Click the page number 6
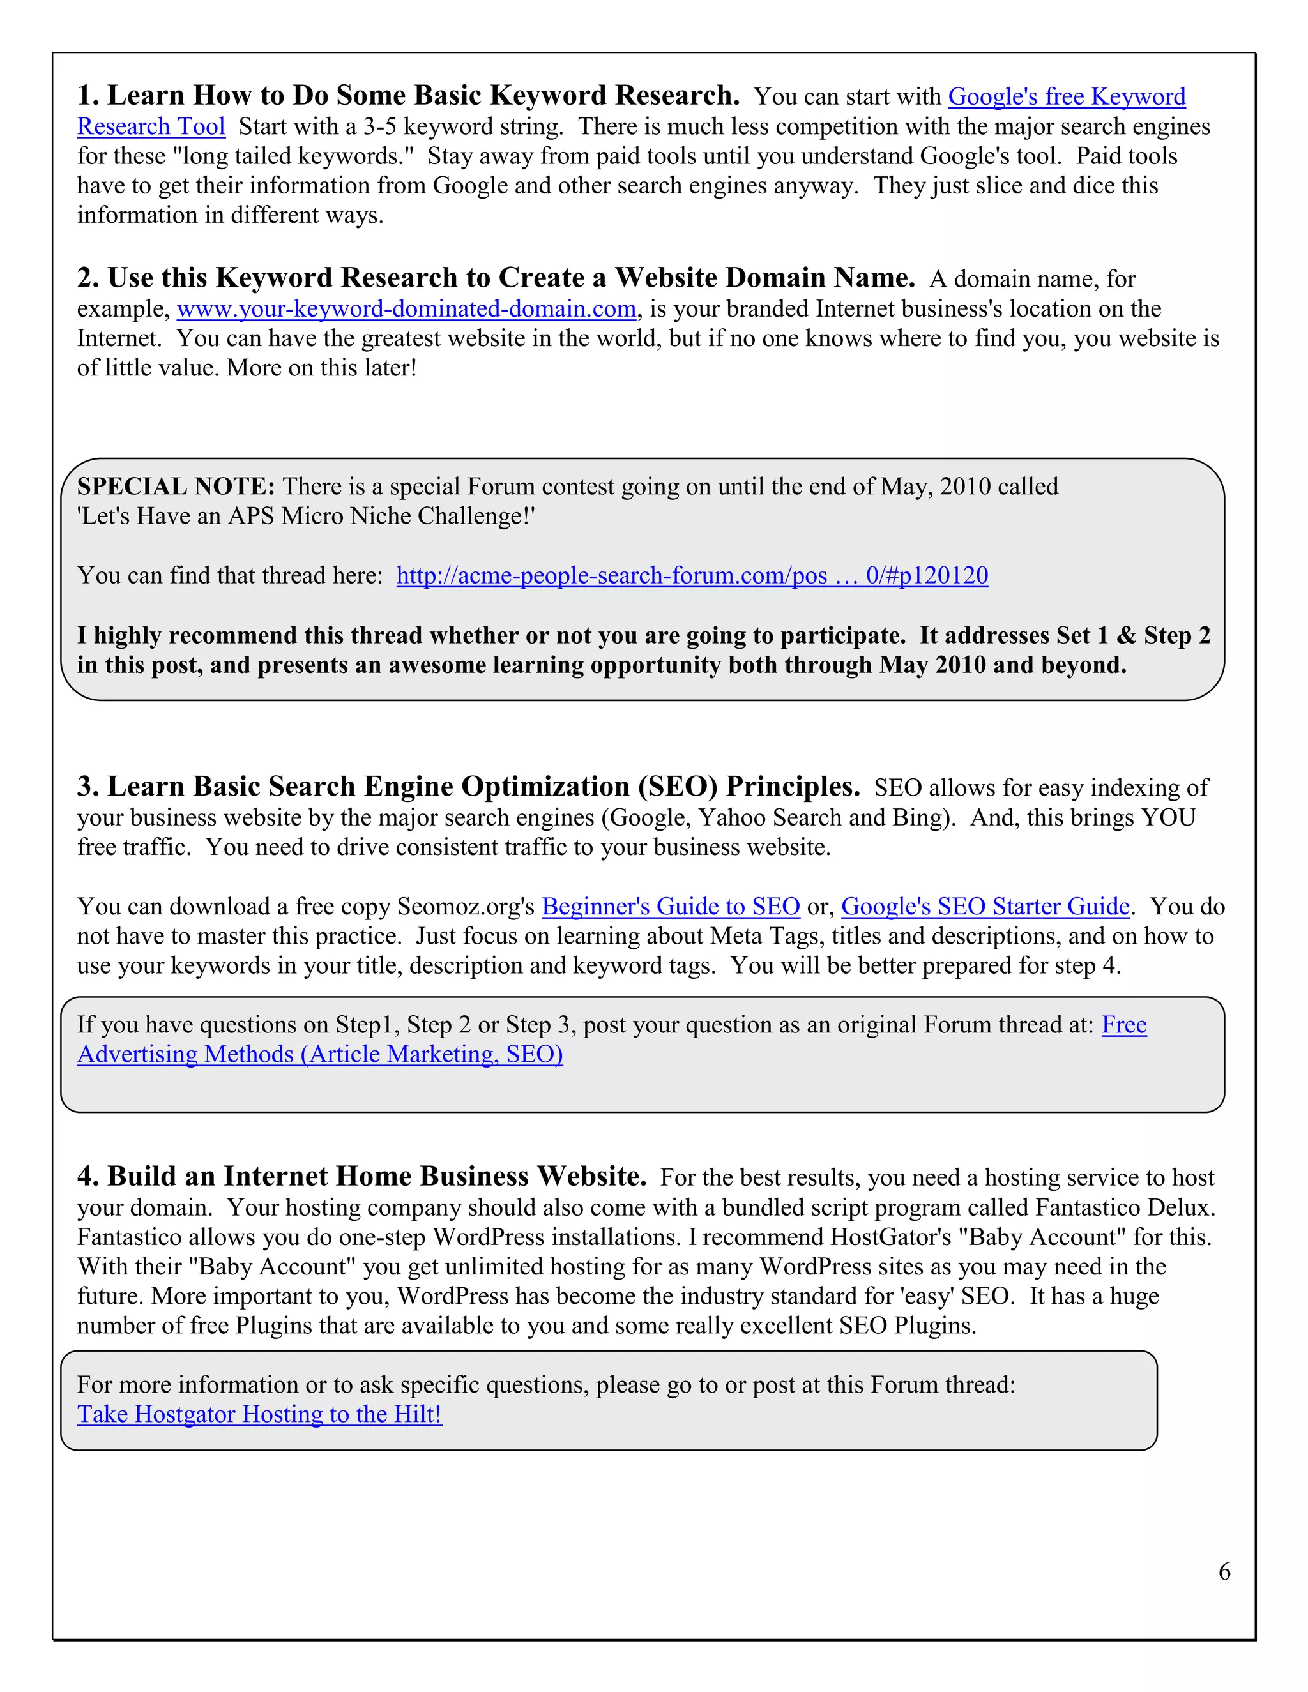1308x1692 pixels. pyautogui.click(x=1224, y=1571)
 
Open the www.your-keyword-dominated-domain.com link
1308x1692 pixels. pyautogui.click(x=406, y=309)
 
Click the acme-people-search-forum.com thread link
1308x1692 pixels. pyautogui.click(x=692, y=576)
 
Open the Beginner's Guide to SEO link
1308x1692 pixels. pyautogui.click(x=670, y=907)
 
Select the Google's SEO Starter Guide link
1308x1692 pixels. pyautogui.click(x=985, y=907)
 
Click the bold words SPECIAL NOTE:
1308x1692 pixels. pyautogui.click(x=176, y=487)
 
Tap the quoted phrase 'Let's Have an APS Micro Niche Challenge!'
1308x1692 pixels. pyautogui.click(x=306, y=516)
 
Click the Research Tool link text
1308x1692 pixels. pyautogui.click(x=151, y=126)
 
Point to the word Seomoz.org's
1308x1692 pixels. pyautogui.click(x=465, y=907)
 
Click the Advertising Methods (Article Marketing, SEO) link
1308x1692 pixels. pyautogui.click(x=320, y=1054)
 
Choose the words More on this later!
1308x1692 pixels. pyautogui.click(x=322, y=368)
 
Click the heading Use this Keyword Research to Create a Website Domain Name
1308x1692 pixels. pyautogui.click(x=496, y=277)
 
